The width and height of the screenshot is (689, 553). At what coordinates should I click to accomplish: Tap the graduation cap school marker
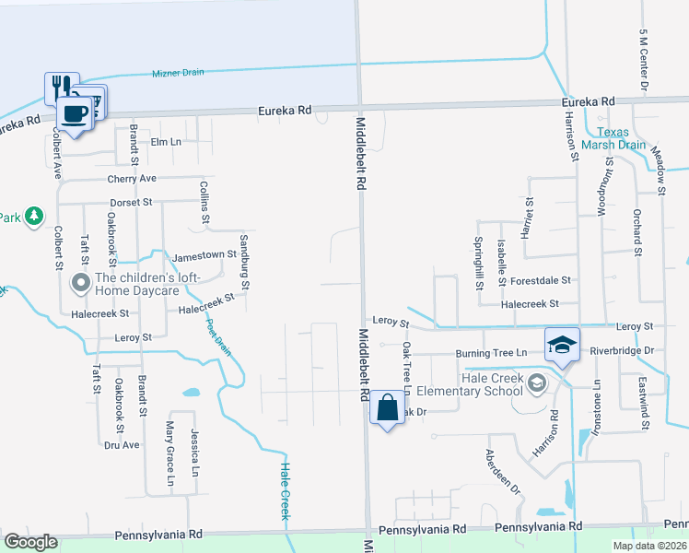coord(561,344)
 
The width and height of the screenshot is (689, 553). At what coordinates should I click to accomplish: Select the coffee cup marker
coord(74,113)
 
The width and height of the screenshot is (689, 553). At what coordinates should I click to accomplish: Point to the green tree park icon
coord(34,216)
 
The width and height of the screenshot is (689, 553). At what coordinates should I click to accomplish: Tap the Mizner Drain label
coord(178,73)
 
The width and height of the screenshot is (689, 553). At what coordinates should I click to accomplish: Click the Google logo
coord(30,541)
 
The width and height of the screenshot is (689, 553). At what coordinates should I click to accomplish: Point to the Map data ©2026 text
coord(649,546)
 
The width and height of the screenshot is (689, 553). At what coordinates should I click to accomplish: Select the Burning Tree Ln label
coord(496,353)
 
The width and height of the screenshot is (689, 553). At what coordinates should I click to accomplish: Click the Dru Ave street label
coord(122,444)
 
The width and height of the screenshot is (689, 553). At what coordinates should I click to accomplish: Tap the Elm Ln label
coord(166,142)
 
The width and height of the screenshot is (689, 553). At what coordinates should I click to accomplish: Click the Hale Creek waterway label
coord(285,488)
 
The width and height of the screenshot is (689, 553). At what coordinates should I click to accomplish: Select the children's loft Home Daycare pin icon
coord(80,282)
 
